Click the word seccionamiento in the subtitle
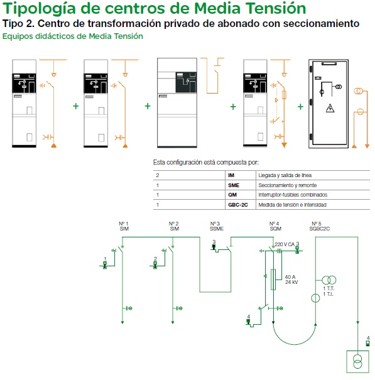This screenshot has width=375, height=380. [321, 23]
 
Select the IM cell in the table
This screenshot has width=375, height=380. [231, 175]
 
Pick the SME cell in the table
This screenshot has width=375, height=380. [234, 185]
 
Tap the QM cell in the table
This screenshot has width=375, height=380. [232, 195]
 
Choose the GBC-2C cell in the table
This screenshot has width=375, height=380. [238, 205]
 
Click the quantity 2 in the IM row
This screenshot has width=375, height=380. [158, 175]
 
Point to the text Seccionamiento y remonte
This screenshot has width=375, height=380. [287, 185]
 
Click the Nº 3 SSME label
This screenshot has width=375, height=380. [217, 226]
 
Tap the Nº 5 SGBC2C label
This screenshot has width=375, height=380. [319, 226]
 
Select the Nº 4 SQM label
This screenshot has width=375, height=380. [275, 226]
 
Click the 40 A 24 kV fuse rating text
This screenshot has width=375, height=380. [291, 280]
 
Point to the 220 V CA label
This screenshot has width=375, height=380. [285, 244]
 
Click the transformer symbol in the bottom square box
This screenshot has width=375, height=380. [357, 362]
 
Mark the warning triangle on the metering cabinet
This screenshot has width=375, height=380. [330, 108]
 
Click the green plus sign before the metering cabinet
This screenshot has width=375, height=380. [300, 107]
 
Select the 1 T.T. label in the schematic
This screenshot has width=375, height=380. [329, 289]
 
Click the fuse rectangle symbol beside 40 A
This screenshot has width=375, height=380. [273, 280]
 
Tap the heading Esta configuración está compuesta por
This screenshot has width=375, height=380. [206, 163]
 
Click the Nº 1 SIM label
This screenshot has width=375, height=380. [124, 226]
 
